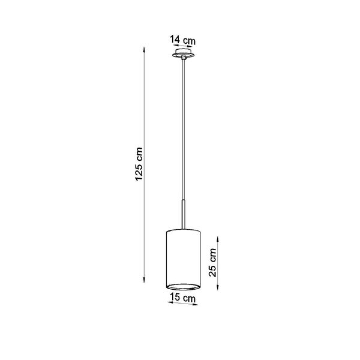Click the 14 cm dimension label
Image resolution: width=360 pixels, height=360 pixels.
pos(183,40)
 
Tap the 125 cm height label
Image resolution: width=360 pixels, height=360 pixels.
pos(139,164)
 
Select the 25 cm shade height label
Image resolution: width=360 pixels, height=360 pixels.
pos(212,263)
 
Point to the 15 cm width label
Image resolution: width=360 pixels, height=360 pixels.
pos(183,298)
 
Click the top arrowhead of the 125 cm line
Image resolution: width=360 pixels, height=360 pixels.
pos(144,50)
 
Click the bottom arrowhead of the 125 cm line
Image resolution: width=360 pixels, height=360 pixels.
pos(144,280)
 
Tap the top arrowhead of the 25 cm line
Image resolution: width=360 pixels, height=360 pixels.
pos(218,239)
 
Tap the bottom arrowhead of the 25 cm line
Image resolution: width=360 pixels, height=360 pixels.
pos(218,287)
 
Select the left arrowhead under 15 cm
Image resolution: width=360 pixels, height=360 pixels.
pos(170,302)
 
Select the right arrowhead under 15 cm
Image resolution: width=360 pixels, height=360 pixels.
pos(195,305)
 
